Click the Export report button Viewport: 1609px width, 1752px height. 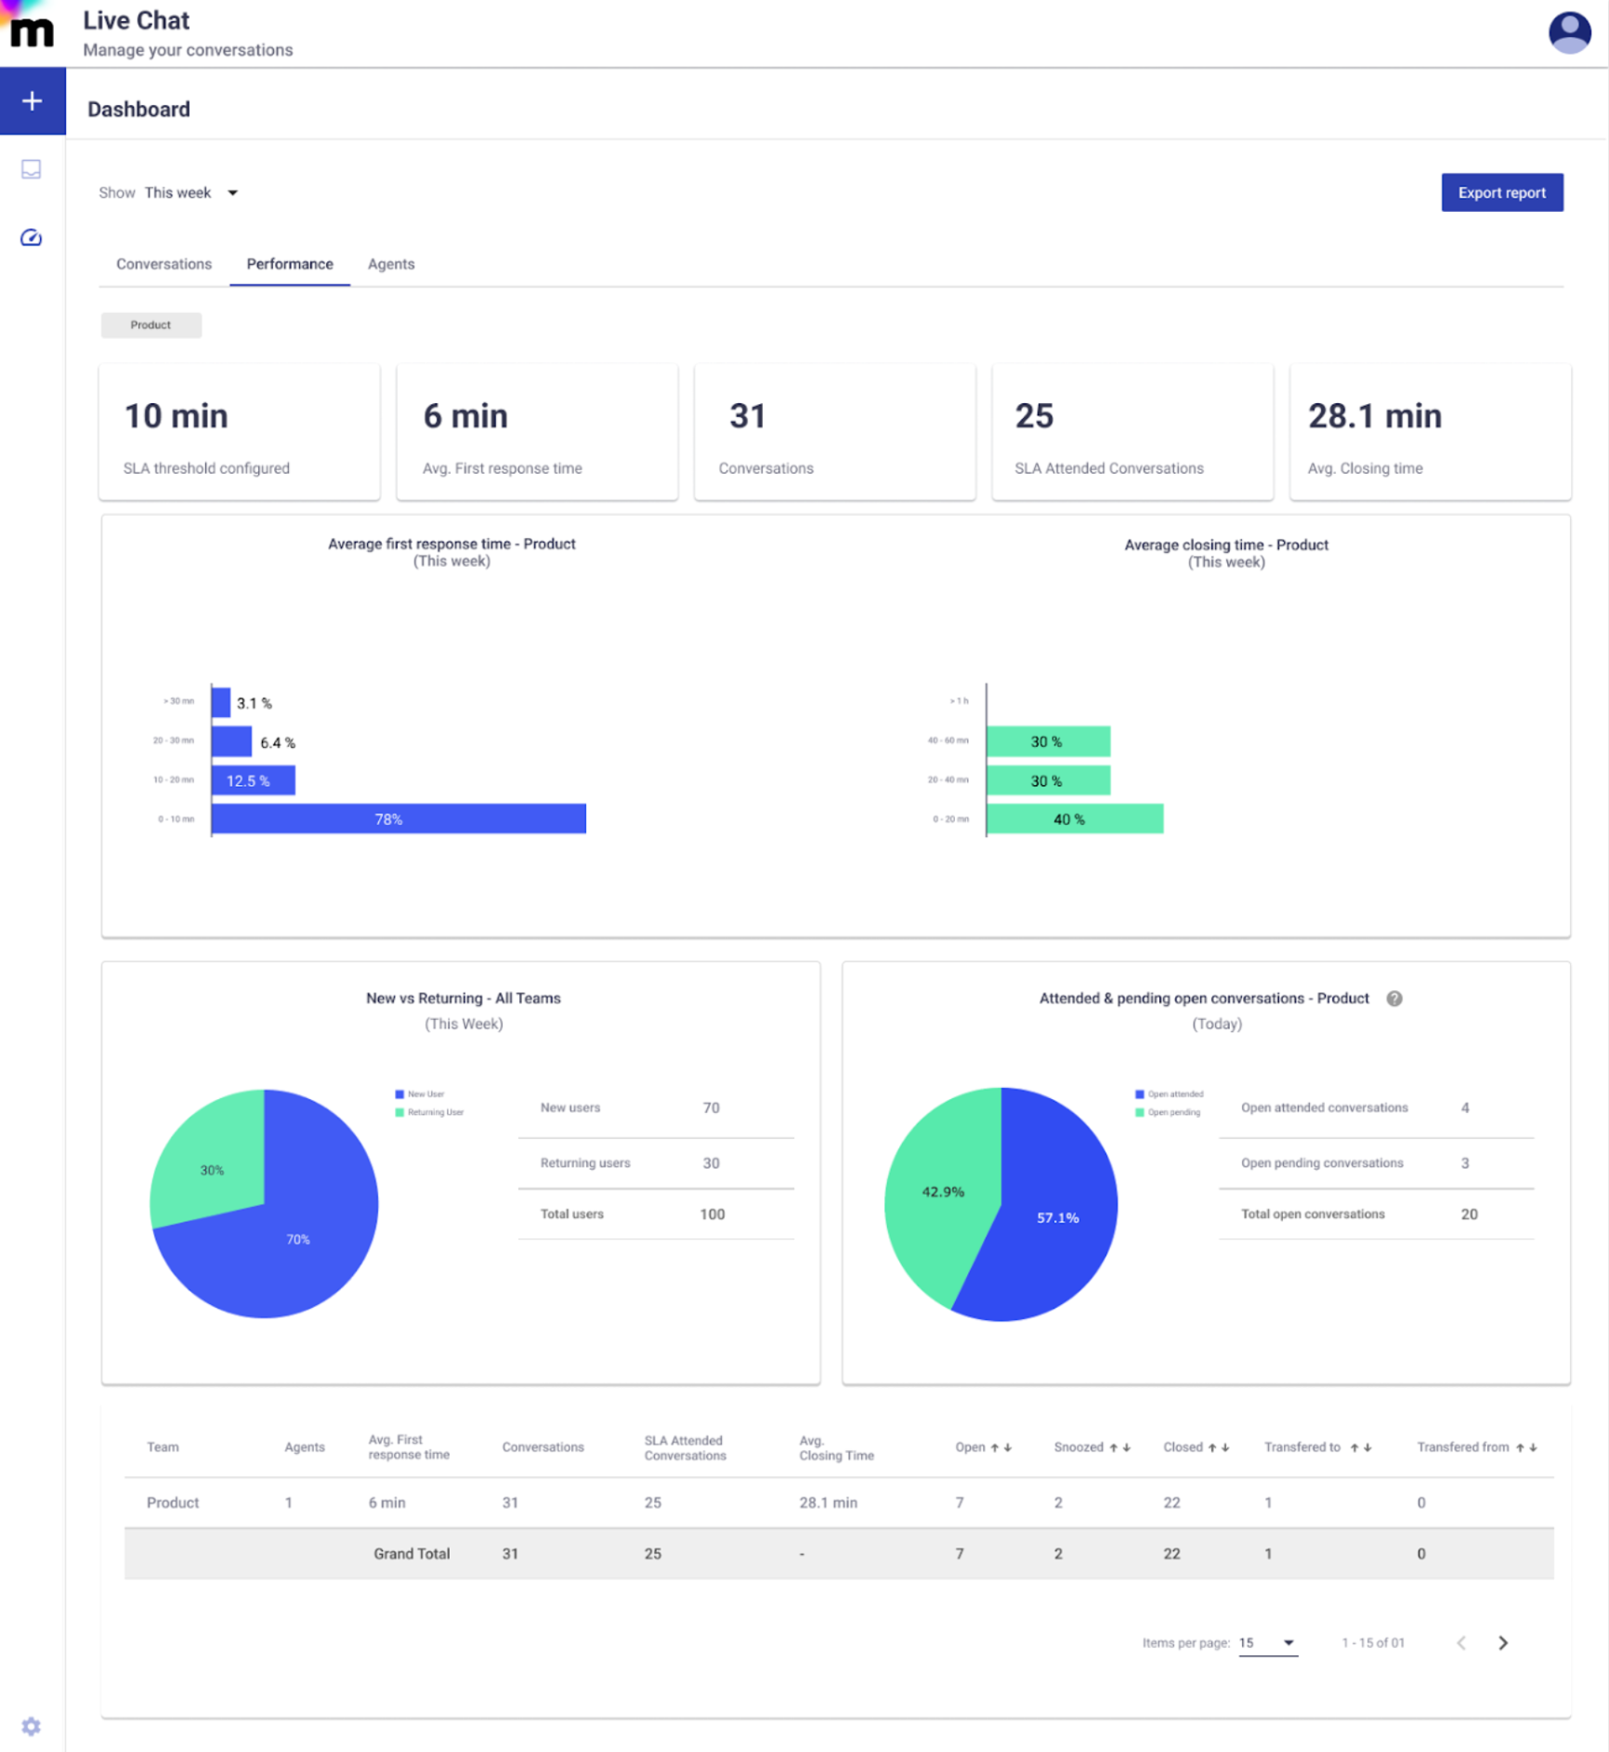tap(1501, 192)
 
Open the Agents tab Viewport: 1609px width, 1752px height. tap(390, 264)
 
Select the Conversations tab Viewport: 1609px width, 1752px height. tap(164, 264)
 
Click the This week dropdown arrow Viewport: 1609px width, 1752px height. tap(232, 193)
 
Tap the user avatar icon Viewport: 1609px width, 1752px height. tap(1568, 33)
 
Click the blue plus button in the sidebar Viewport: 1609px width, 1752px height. tap(33, 101)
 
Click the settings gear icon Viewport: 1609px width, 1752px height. tap(32, 1725)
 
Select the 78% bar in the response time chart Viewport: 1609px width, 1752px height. tap(399, 818)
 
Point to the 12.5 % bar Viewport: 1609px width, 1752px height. tap(253, 780)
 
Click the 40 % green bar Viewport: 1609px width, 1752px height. tap(1074, 818)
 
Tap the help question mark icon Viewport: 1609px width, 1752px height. tap(1393, 999)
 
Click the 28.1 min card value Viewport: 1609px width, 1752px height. tap(1374, 416)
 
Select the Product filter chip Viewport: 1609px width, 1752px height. tap(150, 325)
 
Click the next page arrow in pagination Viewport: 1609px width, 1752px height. tap(1502, 1642)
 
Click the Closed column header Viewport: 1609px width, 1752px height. tap(1183, 1446)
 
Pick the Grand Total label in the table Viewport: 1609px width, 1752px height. tap(412, 1553)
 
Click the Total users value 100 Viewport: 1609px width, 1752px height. tap(712, 1214)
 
